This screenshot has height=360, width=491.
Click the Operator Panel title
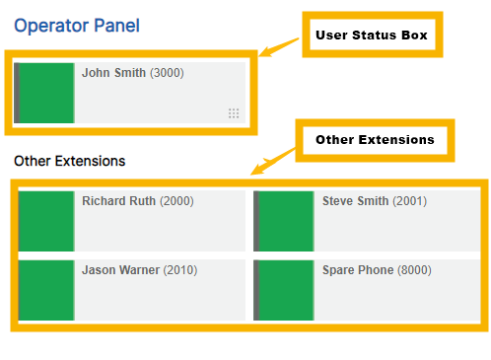[x=77, y=26]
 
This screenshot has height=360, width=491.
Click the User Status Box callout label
[x=372, y=36]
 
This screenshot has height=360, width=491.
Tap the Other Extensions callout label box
[x=375, y=140]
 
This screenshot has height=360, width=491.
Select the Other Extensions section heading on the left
[x=69, y=160]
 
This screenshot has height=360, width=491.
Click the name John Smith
[x=113, y=73]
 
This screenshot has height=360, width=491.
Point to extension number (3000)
[x=167, y=73]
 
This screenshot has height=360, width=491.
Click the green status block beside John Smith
[x=46, y=93]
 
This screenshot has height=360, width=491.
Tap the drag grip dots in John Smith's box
[x=234, y=113]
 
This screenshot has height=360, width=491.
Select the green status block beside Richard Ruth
[x=46, y=221]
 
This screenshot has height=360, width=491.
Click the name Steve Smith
[x=355, y=201]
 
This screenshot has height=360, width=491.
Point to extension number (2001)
[x=409, y=201]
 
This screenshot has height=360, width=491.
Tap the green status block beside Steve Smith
[x=285, y=221]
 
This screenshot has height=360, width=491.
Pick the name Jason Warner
[x=120, y=269]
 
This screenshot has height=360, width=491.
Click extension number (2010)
[x=181, y=269]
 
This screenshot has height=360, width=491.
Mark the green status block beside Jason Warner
[x=46, y=289]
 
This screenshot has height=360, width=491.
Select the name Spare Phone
[x=358, y=269]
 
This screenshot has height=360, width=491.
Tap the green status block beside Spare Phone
[x=285, y=289]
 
